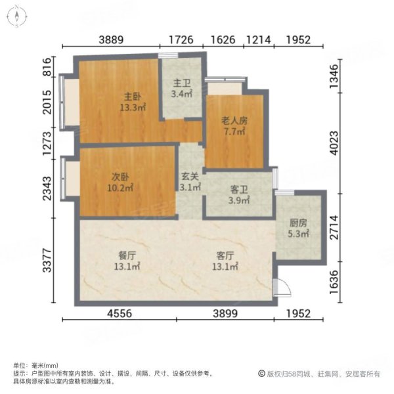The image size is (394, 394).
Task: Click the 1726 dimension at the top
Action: click(181, 39)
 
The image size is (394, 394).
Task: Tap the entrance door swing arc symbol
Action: click(280, 287)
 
